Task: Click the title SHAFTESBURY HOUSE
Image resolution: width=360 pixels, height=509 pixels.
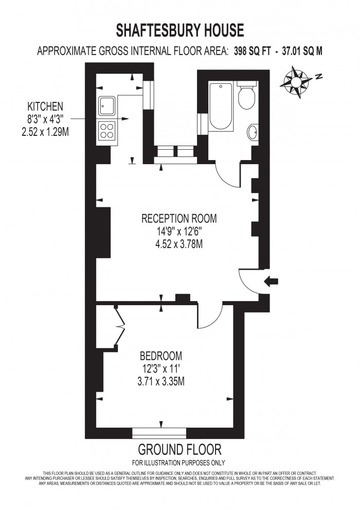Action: [179, 30]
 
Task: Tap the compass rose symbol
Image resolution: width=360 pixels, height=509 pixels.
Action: [296, 82]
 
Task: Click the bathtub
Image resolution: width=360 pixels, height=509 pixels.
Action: [221, 107]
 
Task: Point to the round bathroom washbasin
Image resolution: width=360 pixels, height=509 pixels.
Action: [253, 132]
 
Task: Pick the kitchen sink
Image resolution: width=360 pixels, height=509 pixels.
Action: [106, 106]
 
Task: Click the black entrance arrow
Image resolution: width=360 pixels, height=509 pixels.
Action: [271, 281]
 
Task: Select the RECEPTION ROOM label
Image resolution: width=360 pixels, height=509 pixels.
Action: [179, 218]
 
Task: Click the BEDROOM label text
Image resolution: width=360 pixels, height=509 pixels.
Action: [161, 356]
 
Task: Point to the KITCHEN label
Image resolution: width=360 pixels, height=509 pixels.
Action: [45, 106]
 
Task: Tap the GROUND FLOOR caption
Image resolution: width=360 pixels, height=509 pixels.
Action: [179, 450]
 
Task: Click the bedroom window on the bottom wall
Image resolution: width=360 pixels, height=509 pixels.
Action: [159, 433]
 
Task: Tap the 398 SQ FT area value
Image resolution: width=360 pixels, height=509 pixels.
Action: [252, 51]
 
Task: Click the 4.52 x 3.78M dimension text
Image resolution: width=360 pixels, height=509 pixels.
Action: [179, 244]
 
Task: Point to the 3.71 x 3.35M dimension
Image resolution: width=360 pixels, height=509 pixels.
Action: [161, 381]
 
